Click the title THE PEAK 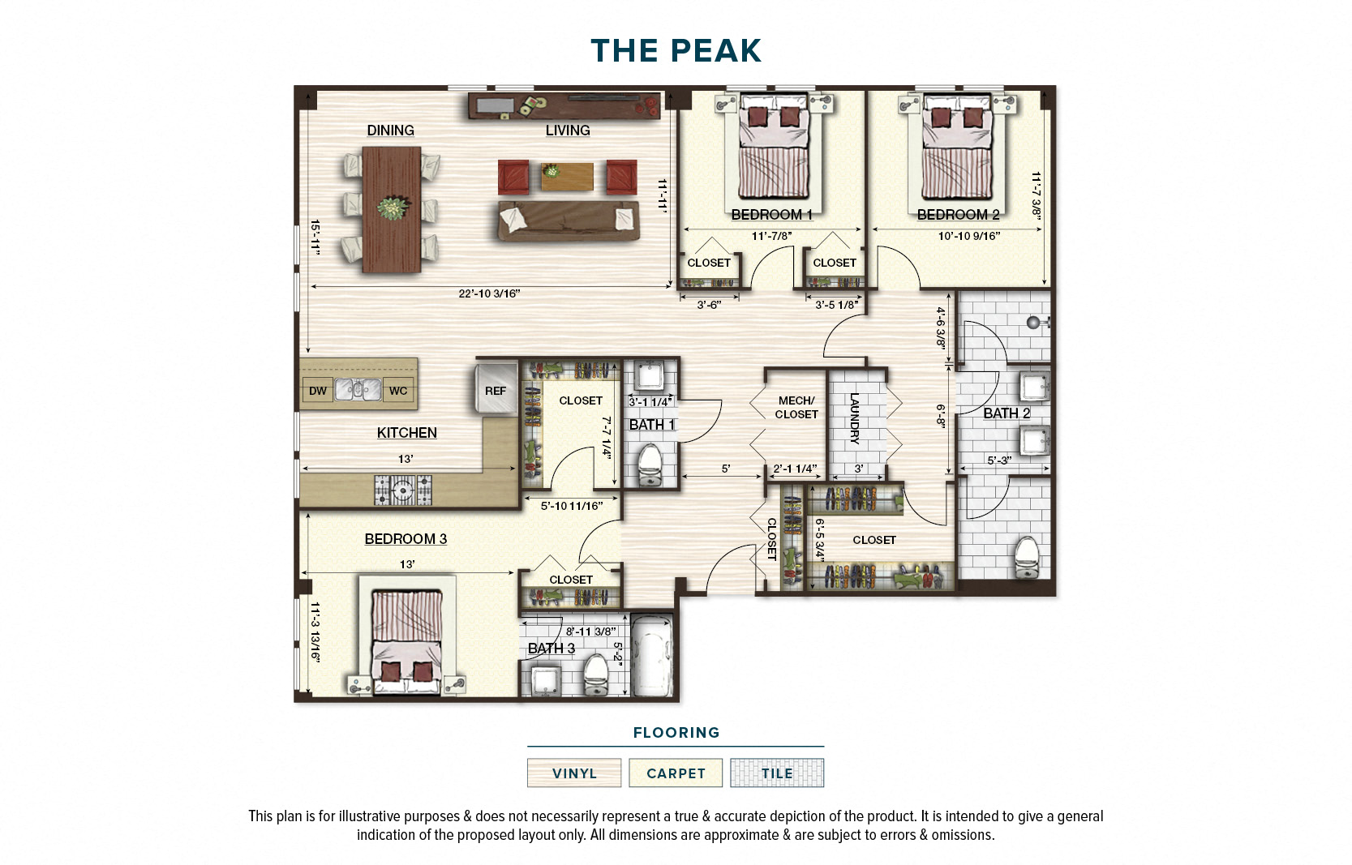tap(676, 51)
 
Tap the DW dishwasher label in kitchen tap(318, 391)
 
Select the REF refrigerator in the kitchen tap(495, 391)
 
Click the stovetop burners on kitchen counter tap(403, 490)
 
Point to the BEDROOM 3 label tap(406, 539)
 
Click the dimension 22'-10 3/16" tap(489, 293)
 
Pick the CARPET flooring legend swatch tap(676, 773)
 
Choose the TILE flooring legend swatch tap(776, 773)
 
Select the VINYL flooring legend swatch tap(574, 773)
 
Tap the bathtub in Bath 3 tap(653, 657)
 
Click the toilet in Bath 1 tap(650, 465)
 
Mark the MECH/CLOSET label tap(796, 407)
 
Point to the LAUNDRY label tap(854, 418)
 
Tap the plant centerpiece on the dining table tap(393, 208)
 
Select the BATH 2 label tap(1006, 413)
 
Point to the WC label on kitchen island tap(398, 391)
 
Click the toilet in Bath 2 tap(1027, 557)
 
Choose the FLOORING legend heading tap(676, 733)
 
